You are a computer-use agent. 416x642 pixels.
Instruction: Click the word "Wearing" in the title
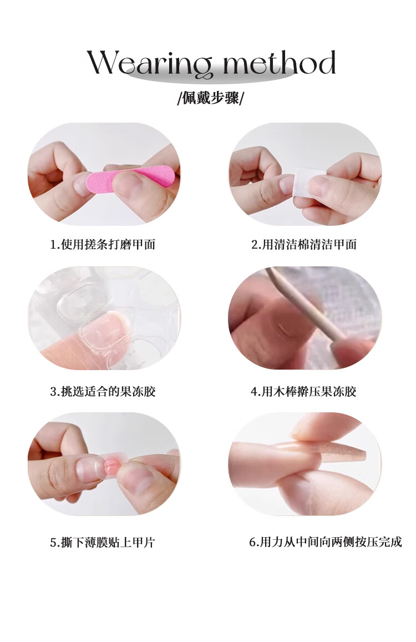point(150,63)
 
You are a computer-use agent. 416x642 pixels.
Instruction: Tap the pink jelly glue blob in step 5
point(111,466)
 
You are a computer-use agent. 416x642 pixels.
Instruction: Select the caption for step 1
point(103,245)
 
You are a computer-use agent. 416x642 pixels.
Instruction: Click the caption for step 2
point(304,245)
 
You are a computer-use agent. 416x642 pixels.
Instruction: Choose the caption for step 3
point(103,391)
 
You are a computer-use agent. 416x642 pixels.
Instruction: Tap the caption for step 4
point(303,391)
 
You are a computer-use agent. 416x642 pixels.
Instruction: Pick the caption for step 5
point(103,543)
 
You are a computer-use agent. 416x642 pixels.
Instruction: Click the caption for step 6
point(326,542)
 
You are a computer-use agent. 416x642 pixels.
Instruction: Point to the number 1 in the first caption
point(53,245)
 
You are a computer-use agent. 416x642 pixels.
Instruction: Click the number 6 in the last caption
point(252,543)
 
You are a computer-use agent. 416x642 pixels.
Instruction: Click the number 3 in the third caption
point(53,392)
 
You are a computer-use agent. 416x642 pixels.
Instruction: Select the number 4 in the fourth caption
point(254,392)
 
